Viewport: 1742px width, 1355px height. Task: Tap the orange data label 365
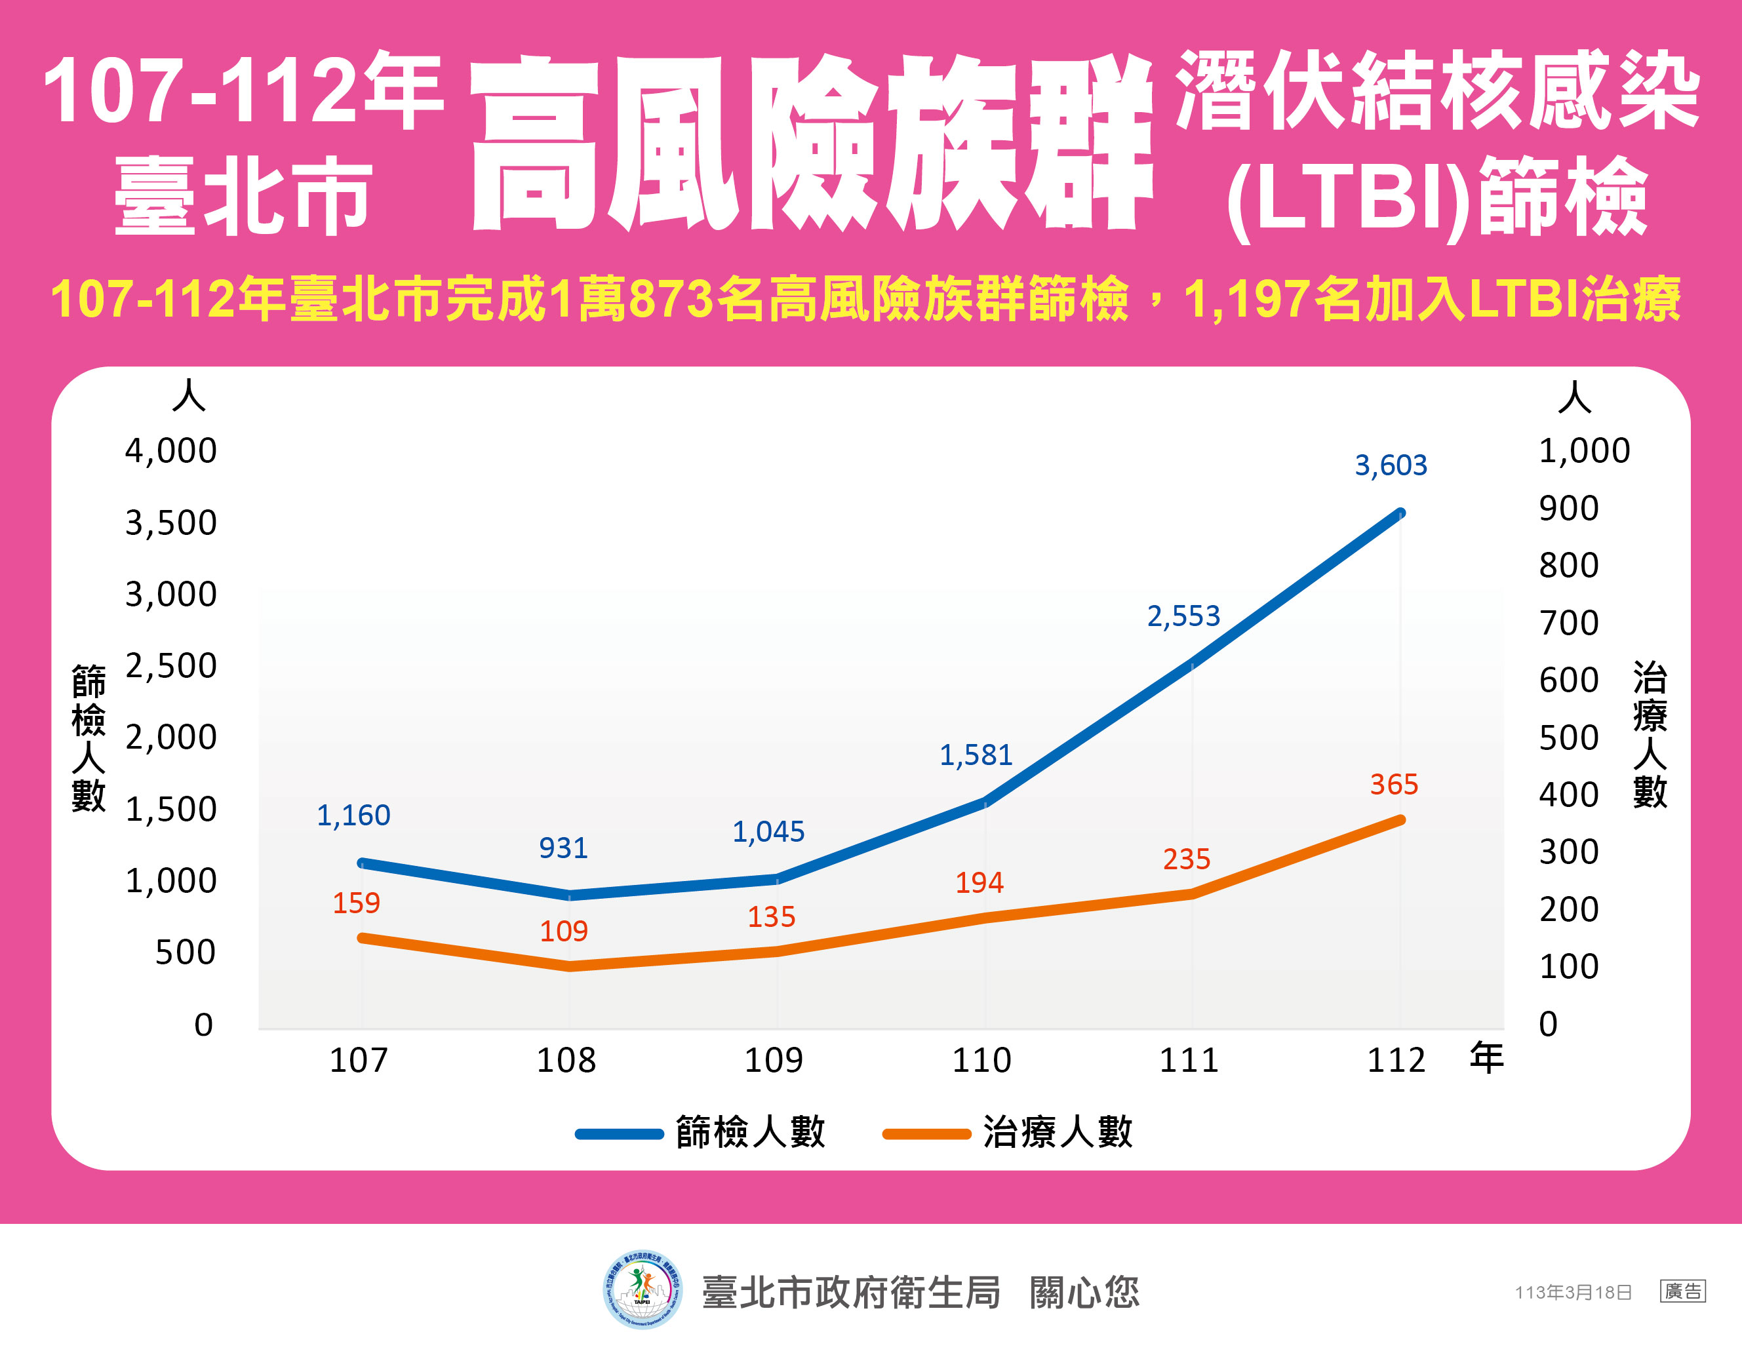click(x=1393, y=784)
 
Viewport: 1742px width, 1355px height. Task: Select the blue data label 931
click(x=563, y=848)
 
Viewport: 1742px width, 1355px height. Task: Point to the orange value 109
click(x=563, y=931)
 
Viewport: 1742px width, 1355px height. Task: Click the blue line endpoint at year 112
click(x=1400, y=513)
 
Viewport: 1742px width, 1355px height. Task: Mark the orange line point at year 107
click(x=361, y=938)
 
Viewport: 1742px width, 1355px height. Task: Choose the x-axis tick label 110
click(x=981, y=1060)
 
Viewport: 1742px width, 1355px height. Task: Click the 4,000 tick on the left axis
click(x=170, y=450)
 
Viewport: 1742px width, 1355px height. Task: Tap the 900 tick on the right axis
click(x=1568, y=508)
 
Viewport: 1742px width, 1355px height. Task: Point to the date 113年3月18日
click(x=1573, y=1292)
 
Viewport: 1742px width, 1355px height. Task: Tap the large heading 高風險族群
click(x=811, y=144)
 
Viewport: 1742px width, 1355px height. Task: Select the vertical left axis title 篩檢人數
click(x=89, y=737)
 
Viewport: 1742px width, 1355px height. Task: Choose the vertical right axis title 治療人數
click(x=1649, y=734)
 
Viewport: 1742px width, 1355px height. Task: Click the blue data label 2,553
click(x=1183, y=616)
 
